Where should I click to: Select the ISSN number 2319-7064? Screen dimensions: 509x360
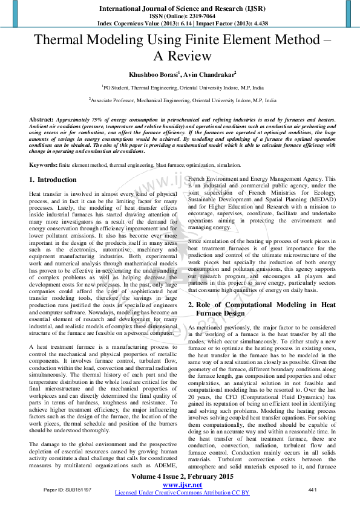click(195, 16)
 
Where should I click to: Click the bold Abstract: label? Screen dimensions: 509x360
click(41, 120)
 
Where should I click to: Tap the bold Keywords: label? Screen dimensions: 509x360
click(43, 164)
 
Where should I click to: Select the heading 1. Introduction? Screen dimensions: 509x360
click(53, 180)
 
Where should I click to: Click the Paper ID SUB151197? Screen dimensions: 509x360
click(67, 489)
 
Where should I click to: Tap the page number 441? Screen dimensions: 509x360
click(312, 489)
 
